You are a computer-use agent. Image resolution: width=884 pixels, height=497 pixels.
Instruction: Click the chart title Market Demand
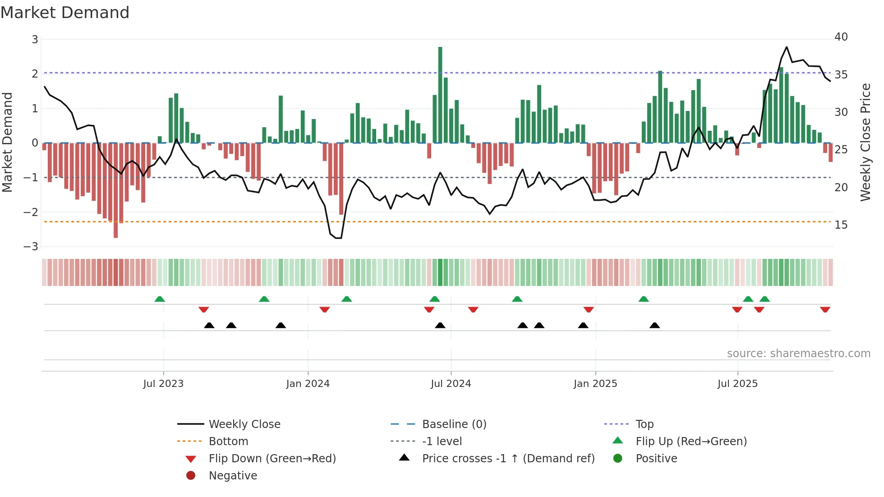(x=65, y=13)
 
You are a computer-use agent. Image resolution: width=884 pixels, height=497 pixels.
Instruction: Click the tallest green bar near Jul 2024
(x=440, y=95)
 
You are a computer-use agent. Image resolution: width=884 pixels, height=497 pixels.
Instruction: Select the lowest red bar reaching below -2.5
(x=115, y=189)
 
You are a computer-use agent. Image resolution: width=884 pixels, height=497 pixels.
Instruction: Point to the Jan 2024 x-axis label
(x=308, y=384)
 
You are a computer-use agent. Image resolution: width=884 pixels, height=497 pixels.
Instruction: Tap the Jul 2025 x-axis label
(x=737, y=384)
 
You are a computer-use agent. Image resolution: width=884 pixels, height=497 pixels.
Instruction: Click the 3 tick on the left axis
(x=35, y=40)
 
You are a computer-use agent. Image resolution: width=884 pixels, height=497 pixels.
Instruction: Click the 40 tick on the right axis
(x=841, y=37)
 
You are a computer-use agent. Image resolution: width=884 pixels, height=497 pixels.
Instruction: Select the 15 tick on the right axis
(x=841, y=225)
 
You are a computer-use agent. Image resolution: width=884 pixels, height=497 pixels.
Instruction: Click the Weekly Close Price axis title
(x=865, y=142)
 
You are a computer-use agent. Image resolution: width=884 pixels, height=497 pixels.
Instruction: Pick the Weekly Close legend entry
(x=244, y=424)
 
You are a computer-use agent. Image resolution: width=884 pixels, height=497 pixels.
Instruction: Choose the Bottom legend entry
(x=228, y=442)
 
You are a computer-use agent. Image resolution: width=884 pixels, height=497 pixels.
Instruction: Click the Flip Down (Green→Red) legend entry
(x=272, y=459)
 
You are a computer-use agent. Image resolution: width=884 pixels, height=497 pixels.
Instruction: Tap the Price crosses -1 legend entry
(x=508, y=459)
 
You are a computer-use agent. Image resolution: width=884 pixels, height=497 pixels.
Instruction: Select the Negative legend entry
(x=233, y=476)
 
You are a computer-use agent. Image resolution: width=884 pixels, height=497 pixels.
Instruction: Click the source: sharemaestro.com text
(x=798, y=354)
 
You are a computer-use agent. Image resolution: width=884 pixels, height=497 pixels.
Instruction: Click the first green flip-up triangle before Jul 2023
(x=160, y=299)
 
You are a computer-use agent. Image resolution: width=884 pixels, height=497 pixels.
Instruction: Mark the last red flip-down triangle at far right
(x=825, y=309)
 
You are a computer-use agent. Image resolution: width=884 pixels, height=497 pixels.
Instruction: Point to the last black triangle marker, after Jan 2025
(x=654, y=325)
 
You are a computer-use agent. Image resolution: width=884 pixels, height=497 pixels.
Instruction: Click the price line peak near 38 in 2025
(x=787, y=47)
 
